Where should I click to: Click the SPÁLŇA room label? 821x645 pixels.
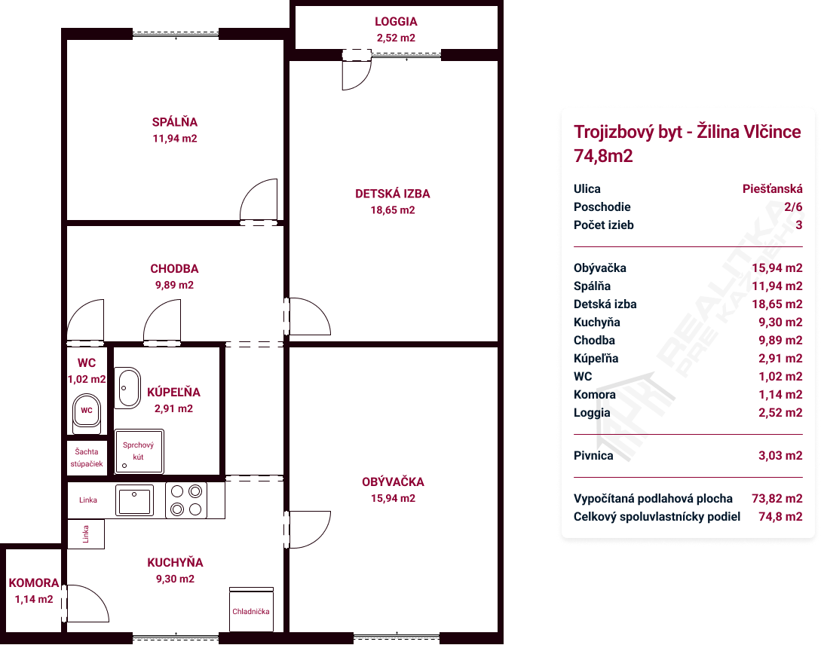(x=175, y=122)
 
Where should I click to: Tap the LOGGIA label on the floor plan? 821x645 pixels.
(x=396, y=21)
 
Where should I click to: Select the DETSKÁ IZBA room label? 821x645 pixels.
(x=393, y=194)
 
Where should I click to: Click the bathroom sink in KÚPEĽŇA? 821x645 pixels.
(x=127, y=387)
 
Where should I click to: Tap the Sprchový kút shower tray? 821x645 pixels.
(x=139, y=451)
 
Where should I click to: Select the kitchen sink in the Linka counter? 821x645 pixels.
(x=134, y=500)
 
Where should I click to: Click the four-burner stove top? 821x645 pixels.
(x=186, y=500)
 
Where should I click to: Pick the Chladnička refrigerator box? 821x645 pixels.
(x=251, y=610)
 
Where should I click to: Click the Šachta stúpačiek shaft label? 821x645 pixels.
(x=87, y=457)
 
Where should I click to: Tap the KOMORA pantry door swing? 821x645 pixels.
(x=87, y=603)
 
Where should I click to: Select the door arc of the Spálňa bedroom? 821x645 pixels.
(x=259, y=200)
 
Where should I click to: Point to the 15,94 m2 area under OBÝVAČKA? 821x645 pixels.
(x=394, y=499)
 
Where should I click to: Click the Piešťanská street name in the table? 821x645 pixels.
(x=772, y=189)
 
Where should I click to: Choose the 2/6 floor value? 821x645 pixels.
(x=793, y=207)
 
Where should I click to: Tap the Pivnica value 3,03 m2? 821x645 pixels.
(x=780, y=456)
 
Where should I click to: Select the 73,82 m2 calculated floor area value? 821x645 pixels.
(x=777, y=499)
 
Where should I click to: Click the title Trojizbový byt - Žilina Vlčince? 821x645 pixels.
(x=687, y=132)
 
